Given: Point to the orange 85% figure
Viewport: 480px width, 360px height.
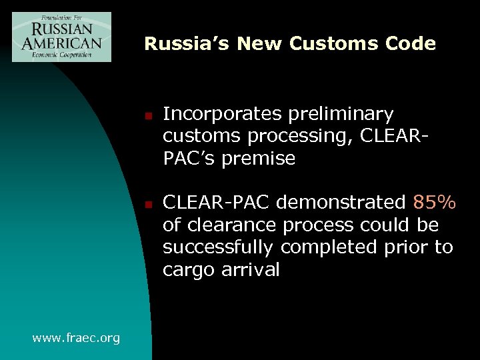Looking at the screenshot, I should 434,203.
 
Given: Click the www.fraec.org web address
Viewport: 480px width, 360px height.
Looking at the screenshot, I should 76,338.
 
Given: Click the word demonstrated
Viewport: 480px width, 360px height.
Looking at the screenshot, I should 347,203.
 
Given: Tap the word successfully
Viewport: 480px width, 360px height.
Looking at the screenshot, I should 219,247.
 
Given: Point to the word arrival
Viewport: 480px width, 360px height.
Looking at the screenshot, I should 252,270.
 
